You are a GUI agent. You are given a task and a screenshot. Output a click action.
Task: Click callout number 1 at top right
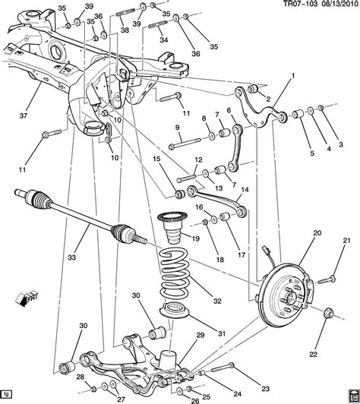coord(291,75)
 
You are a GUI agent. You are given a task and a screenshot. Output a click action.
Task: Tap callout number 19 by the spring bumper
coord(195,238)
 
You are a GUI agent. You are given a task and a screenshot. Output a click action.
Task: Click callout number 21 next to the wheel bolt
coord(346,241)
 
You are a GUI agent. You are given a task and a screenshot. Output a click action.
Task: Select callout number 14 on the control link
coord(245,191)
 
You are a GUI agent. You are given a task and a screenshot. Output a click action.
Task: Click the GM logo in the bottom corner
coord(350,396)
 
